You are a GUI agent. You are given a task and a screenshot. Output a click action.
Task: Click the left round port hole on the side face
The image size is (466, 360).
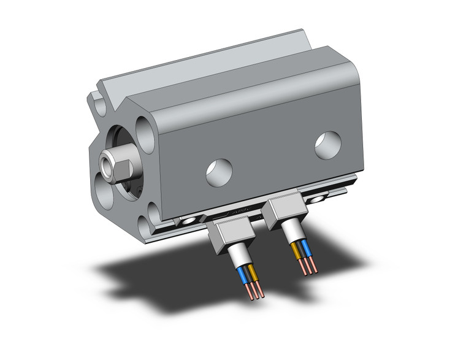(x=219, y=172)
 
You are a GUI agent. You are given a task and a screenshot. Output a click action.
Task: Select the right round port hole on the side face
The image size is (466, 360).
(x=328, y=145)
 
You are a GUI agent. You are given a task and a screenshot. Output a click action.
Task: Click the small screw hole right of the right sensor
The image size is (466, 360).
(x=318, y=199)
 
